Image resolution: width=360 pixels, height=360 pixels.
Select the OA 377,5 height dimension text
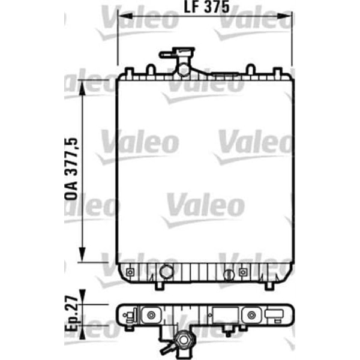click(x=71, y=170)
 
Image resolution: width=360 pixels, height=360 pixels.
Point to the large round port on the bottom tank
click(x=166, y=271)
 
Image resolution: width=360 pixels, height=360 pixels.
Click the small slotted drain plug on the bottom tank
click(x=227, y=275)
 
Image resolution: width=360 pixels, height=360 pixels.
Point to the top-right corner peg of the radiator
click(x=280, y=71)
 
